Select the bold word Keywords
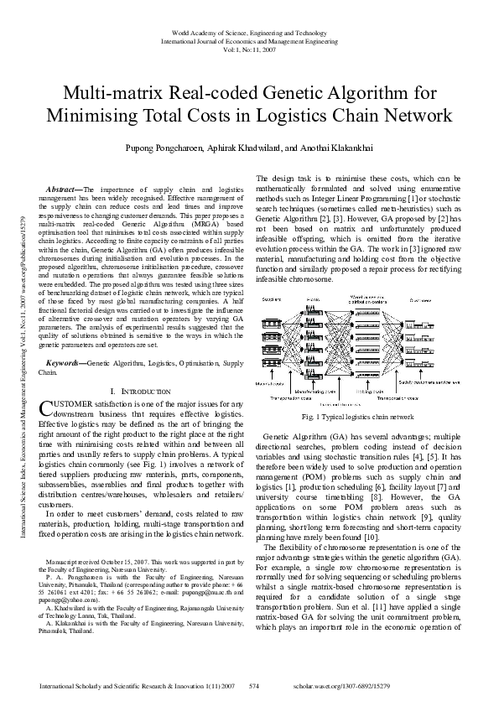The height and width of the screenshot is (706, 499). pyautogui.click(x=65, y=362)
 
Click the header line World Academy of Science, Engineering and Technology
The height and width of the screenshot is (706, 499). pyautogui.click(x=249, y=31)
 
